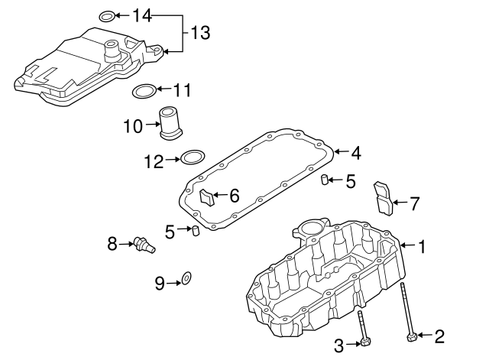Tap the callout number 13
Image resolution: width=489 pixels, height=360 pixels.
199,33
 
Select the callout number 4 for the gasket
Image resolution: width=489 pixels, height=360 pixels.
355,152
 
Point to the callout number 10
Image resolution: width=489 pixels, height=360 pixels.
133,126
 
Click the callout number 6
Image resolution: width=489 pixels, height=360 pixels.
234,196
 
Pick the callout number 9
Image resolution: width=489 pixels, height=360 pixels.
160,284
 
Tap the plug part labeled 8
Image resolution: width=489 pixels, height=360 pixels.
141,242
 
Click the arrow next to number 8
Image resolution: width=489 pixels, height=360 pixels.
126,245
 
